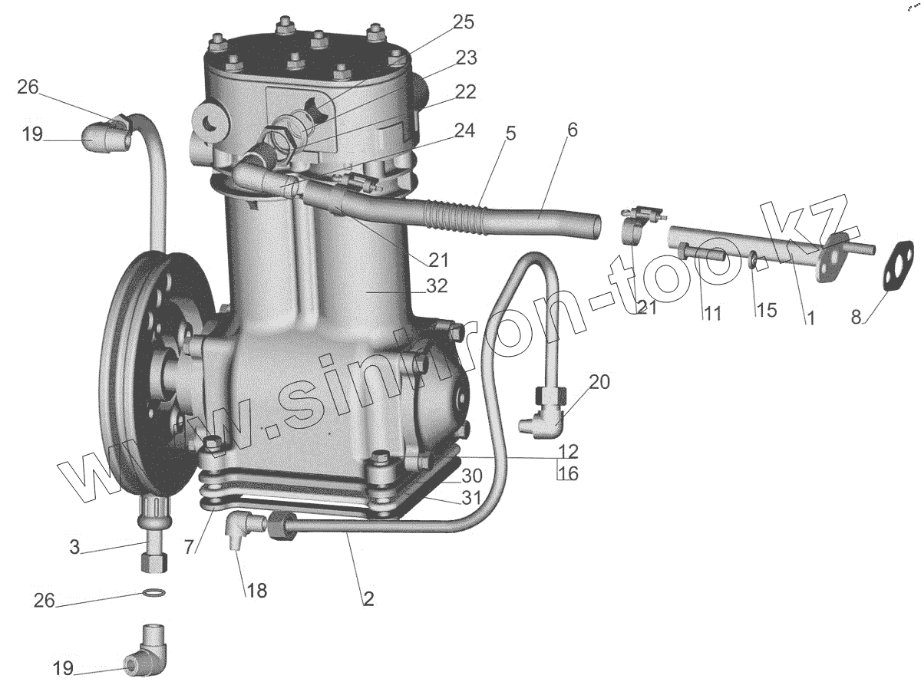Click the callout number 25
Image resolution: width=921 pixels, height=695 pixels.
click(463, 22)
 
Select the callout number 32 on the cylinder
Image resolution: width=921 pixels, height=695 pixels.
click(437, 286)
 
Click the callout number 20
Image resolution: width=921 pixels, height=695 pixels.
click(599, 382)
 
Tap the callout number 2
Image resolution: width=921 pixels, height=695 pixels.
click(368, 599)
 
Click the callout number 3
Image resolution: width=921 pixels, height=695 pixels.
click(74, 547)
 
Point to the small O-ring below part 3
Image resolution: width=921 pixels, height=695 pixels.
click(153, 592)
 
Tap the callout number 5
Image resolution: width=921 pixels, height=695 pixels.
click(510, 133)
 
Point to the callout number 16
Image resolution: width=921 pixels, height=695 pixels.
click(569, 473)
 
